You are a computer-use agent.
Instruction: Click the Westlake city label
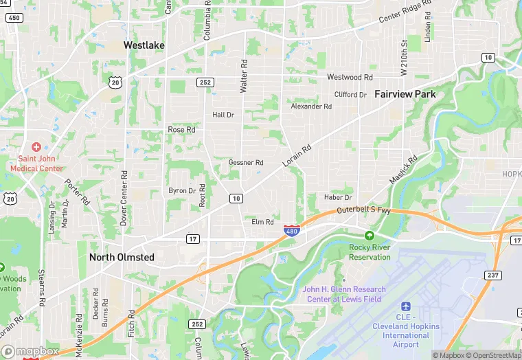(144, 45)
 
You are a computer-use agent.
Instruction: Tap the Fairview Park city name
(405, 94)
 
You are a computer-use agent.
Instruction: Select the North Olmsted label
(122, 257)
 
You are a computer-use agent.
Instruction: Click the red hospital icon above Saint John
(36, 146)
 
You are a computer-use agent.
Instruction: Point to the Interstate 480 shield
(291, 232)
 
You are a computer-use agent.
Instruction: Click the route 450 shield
(14, 17)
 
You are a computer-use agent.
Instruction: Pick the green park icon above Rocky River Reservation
(370, 235)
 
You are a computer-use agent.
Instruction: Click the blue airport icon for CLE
(405, 305)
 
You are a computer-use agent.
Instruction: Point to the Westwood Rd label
(350, 78)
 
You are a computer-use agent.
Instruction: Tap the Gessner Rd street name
(246, 163)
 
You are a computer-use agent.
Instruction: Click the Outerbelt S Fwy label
(363, 210)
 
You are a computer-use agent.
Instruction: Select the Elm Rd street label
(262, 222)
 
